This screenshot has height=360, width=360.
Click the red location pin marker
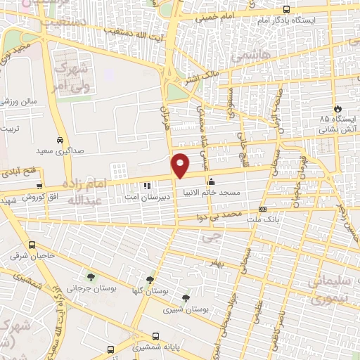(x=181, y=165)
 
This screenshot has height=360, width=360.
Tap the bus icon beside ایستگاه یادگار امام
(x=285, y=9)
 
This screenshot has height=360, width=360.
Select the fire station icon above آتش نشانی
(x=339, y=109)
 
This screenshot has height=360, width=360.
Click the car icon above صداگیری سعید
(x=61, y=139)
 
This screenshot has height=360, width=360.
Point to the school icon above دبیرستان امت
(x=147, y=186)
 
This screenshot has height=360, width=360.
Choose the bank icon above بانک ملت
(x=262, y=209)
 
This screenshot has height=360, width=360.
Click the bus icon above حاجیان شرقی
(x=32, y=245)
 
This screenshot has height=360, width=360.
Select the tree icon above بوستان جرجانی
(x=91, y=276)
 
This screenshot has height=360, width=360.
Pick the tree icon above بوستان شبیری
(x=186, y=298)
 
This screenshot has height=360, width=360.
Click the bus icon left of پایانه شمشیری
(x=111, y=349)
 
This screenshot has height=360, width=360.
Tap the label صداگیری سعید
(x=61, y=150)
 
